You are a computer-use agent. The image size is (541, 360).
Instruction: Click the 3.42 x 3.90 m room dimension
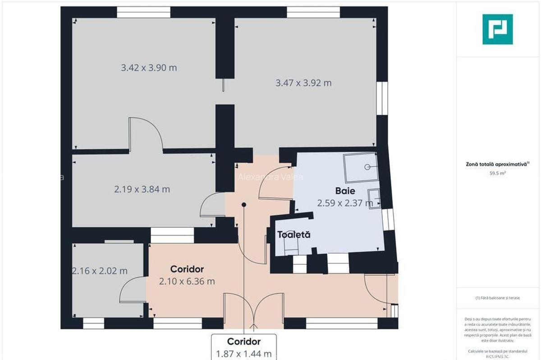pos(149,68)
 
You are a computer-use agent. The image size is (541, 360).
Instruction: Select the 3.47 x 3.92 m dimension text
pos(303,83)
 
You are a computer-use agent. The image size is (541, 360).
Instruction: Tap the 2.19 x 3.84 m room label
pos(142,189)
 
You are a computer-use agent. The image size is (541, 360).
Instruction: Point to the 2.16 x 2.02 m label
pos(100,271)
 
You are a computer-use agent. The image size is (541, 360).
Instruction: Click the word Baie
pos(345,191)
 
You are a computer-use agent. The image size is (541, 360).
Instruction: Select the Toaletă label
pos(293,235)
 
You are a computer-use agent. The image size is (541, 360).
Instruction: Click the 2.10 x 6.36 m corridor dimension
pos(187,282)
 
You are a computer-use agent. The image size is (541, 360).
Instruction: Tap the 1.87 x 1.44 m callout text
pos(243,354)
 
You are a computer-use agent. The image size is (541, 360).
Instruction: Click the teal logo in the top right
pos(497,29)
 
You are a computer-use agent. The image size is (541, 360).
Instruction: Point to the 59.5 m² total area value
pos(497,172)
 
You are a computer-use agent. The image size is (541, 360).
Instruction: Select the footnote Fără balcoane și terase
pos(497,298)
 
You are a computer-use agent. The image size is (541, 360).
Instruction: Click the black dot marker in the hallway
pos(244,205)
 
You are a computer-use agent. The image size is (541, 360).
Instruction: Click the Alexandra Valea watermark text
pos(270,177)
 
